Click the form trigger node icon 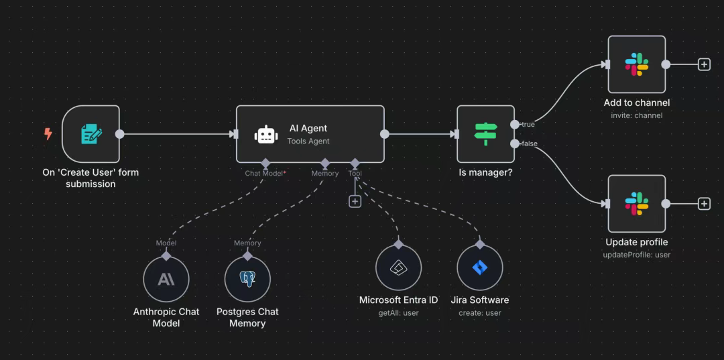point(91,134)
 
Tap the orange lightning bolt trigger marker point(48,134)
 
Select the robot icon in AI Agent point(266,134)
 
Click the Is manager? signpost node point(485,134)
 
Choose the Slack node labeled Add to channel point(636,64)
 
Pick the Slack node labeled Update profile point(636,204)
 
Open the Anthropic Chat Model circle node point(166,279)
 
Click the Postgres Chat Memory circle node point(247,279)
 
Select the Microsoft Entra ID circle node point(398,267)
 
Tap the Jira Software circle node point(479,267)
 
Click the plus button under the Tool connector point(355,201)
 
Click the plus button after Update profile point(704,204)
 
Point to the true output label point(528,125)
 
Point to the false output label point(529,143)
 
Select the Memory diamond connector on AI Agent point(325,163)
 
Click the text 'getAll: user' point(398,313)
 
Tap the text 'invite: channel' point(636,115)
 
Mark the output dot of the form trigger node point(120,134)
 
